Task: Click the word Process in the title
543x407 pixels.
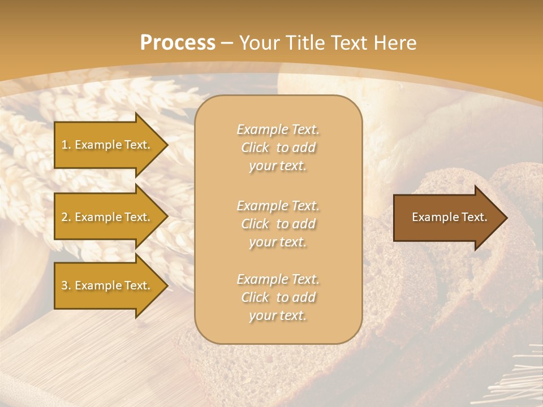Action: tap(178, 43)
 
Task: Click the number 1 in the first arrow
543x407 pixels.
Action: tap(64, 145)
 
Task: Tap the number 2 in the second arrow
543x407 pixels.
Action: tap(64, 217)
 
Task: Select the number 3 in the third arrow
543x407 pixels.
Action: tap(64, 285)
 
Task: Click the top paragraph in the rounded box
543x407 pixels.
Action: tap(278, 148)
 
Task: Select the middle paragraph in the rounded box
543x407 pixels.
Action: tap(278, 224)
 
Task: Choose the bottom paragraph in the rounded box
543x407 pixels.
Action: tap(278, 297)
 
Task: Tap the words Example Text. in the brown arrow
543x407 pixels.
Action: tap(449, 217)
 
